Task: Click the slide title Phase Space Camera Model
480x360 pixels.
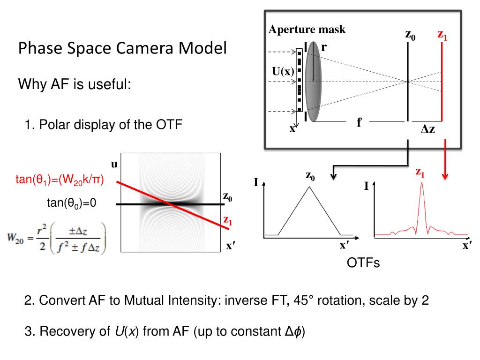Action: [x=122, y=48]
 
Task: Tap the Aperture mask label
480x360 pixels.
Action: [x=307, y=30]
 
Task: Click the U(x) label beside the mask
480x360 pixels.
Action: [x=283, y=72]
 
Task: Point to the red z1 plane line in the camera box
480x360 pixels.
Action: [x=442, y=82]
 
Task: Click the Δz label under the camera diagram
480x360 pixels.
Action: [x=427, y=129]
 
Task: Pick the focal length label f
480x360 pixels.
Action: [x=360, y=123]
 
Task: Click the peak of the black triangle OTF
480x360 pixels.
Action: [x=309, y=187]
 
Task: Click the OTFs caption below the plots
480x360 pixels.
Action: [x=363, y=263]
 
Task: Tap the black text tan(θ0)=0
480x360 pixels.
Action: [x=71, y=203]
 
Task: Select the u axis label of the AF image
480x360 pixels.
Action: [x=113, y=164]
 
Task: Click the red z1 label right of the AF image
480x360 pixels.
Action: [x=228, y=219]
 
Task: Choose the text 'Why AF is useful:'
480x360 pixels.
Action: [x=74, y=85]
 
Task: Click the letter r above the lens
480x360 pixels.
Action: [x=323, y=47]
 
